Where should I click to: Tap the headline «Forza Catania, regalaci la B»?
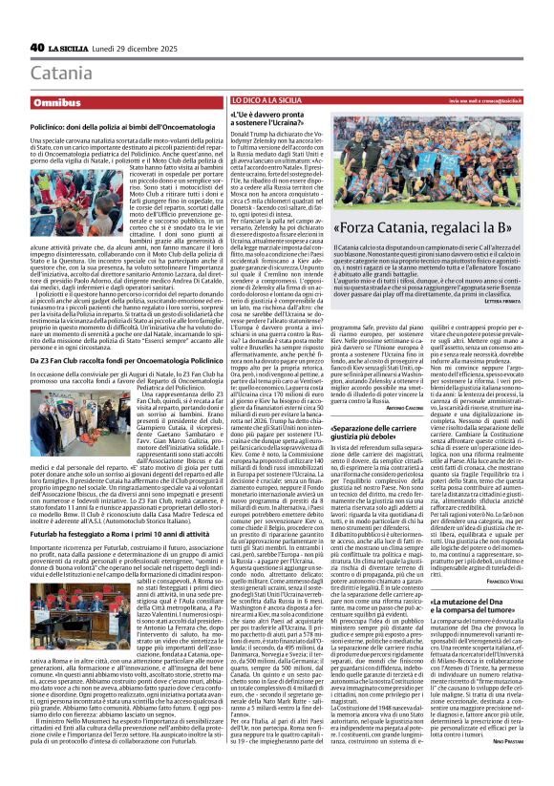click(x=442, y=229)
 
